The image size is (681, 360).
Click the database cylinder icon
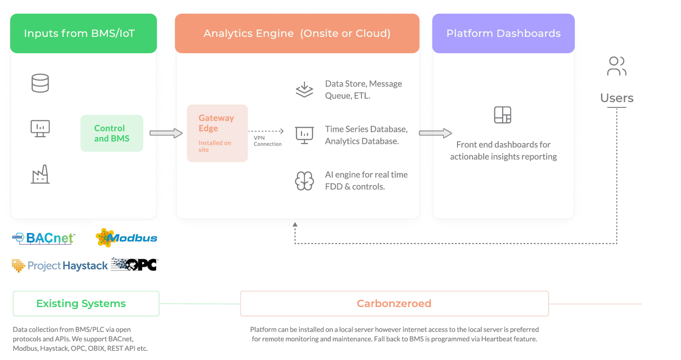pyautogui.click(x=40, y=83)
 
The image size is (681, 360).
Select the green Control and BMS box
pyautogui.click(x=112, y=133)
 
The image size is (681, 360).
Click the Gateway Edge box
pyautogui.click(x=217, y=133)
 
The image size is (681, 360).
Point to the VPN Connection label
pyautogui.click(x=268, y=141)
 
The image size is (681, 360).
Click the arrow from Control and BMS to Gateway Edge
pyautogui.click(x=166, y=133)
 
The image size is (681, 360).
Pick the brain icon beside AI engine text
pyautogui.click(x=304, y=181)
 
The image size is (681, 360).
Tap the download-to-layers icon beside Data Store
pyautogui.click(x=304, y=90)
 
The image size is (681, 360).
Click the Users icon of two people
pyautogui.click(x=617, y=66)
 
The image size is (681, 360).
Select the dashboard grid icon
pyautogui.click(x=503, y=115)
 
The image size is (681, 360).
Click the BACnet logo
pyautogui.click(x=44, y=238)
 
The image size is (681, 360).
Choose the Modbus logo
pyautogui.click(x=127, y=238)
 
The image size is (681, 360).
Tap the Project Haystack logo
pyautogui.click(x=60, y=265)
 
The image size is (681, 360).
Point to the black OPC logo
pyautogui.click(x=134, y=264)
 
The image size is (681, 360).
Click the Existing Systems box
pyautogui.click(x=86, y=304)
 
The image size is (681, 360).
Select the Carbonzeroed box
pyautogui.click(x=394, y=304)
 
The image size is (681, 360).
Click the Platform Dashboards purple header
pyautogui.click(x=503, y=34)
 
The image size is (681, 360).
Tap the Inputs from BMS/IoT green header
pyautogui.click(x=83, y=34)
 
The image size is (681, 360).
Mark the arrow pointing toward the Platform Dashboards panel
pyautogui.click(x=435, y=133)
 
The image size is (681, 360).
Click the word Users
pyautogui.click(x=617, y=98)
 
